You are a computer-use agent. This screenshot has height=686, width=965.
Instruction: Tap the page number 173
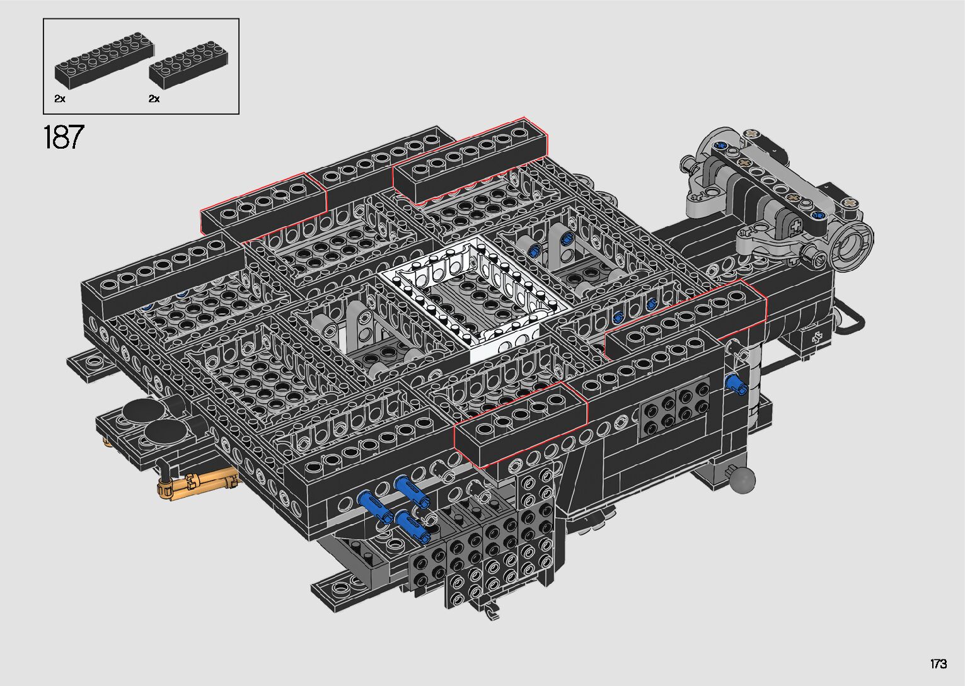click(938, 663)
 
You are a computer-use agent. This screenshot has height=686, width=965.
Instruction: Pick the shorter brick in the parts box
click(188, 65)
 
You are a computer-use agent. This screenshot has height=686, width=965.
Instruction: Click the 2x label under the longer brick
click(60, 99)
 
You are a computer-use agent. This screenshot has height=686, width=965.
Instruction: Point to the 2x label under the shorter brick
click(154, 99)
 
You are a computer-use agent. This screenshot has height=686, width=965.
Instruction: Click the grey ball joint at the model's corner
click(742, 480)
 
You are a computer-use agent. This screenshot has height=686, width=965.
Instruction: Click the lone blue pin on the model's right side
click(736, 384)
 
